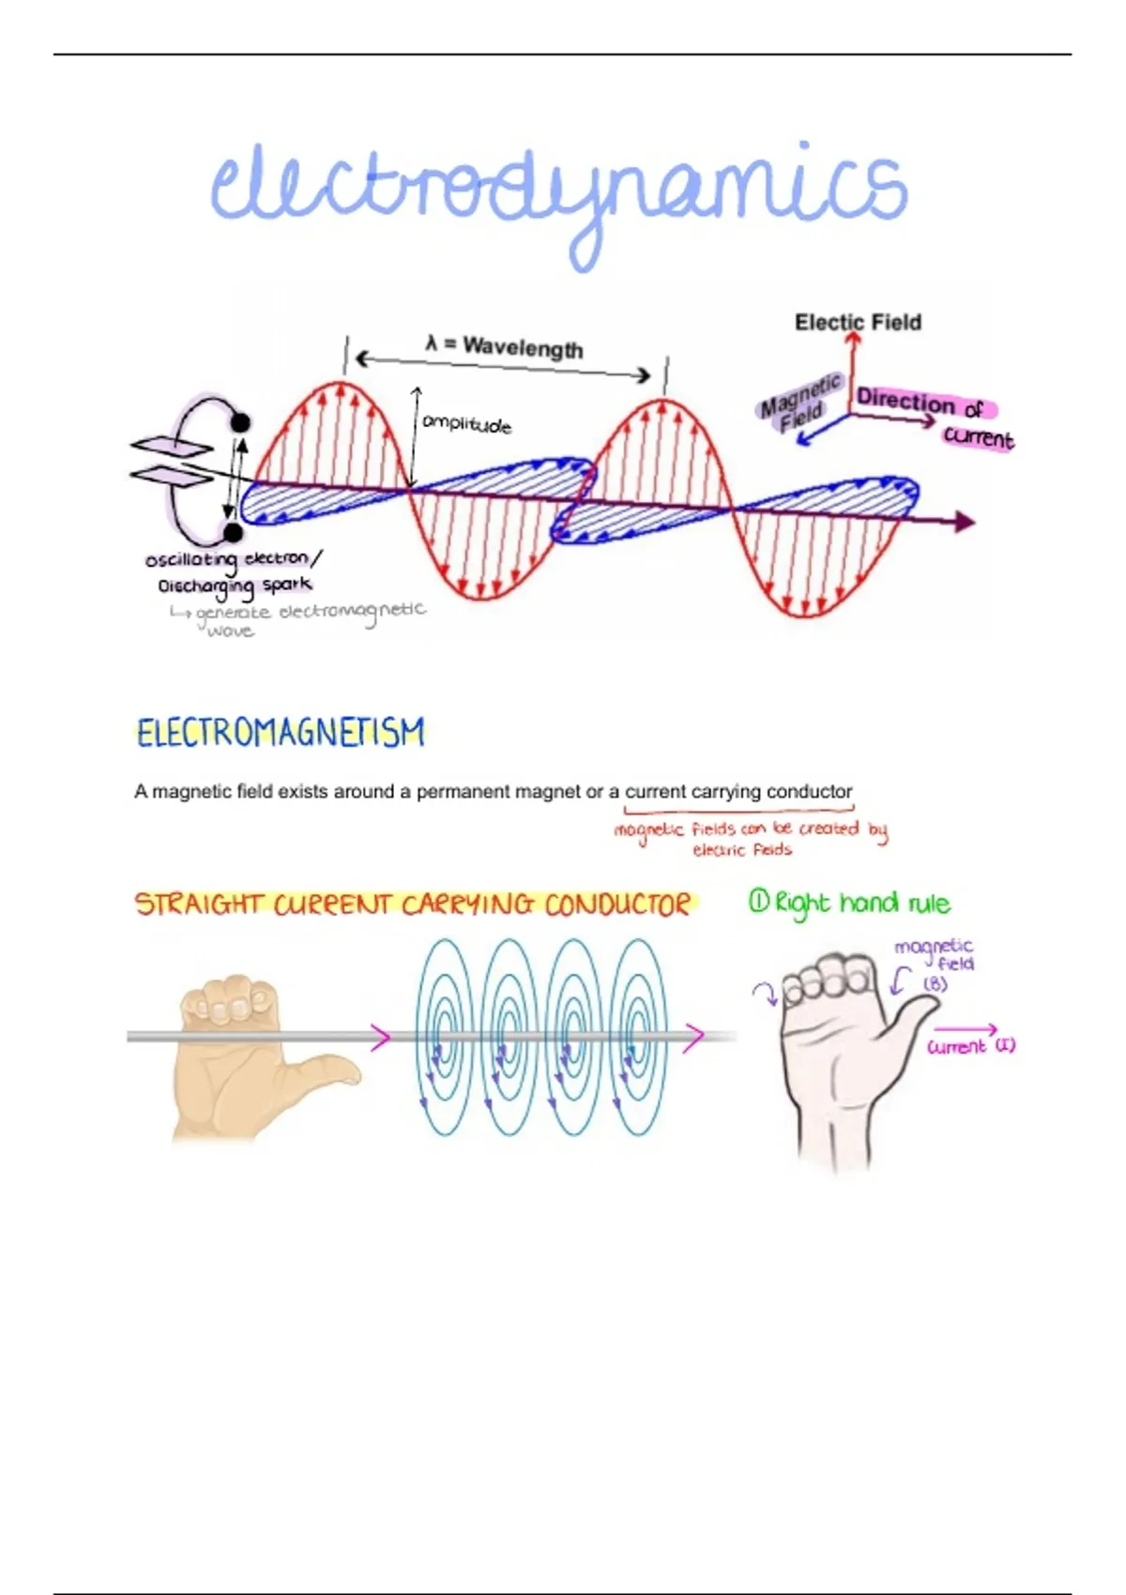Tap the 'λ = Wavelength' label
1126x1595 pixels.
point(504,347)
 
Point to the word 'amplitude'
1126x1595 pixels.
point(466,424)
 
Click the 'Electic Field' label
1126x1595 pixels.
point(858,322)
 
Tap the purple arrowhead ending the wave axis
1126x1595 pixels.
point(964,522)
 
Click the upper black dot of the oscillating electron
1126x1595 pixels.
point(241,422)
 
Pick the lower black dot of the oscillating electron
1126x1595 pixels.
point(233,532)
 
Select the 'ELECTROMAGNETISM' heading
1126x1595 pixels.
point(280,733)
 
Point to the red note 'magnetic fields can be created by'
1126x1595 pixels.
point(751,830)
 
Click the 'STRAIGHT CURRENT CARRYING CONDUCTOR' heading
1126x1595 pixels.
point(413,904)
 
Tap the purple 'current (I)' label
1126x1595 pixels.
point(971,1046)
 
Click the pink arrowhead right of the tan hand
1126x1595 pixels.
point(381,1037)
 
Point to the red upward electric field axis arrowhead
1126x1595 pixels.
point(853,340)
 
